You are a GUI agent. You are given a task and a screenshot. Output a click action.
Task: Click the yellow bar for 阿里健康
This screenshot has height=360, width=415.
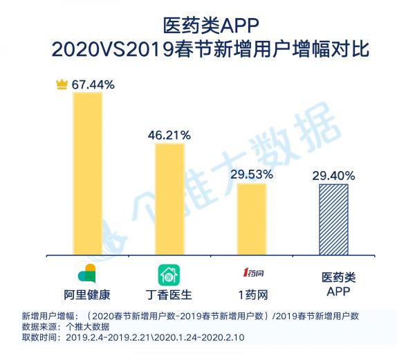[x=87, y=173]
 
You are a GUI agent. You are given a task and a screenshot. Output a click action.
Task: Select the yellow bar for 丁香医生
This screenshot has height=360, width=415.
[x=169, y=199]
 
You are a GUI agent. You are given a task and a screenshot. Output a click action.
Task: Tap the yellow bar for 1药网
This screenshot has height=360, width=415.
[x=251, y=219]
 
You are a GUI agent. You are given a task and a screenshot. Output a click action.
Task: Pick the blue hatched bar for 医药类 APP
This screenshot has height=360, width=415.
[x=333, y=219]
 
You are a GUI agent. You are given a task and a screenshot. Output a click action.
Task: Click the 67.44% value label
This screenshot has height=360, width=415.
[x=93, y=84]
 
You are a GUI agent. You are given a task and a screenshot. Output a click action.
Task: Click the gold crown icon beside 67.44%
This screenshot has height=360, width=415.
[x=62, y=84]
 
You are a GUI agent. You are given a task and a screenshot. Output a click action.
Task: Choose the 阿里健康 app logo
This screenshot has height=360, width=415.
[x=87, y=272]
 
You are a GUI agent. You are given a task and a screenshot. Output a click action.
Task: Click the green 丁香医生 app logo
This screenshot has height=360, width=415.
[x=169, y=272]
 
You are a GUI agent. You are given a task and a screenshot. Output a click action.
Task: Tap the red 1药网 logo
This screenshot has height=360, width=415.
[x=251, y=271]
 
